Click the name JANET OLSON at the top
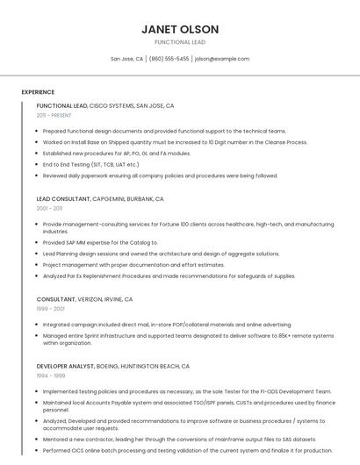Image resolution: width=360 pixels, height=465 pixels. pyautogui.click(x=180, y=29)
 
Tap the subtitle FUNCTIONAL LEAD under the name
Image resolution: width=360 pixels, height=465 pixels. pyautogui.click(x=180, y=42)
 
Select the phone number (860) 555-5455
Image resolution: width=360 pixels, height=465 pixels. pyautogui.click(x=169, y=59)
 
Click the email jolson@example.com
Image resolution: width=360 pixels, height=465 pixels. pyautogui.click(x=222, y=59)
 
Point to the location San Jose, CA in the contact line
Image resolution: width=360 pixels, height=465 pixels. pyautogui.click(x=126, y=59)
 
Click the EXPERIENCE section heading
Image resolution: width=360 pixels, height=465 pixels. pyautogui.click(x=38, y=92)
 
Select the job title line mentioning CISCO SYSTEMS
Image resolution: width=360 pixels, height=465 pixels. pyautogui.click(x=105, y=105)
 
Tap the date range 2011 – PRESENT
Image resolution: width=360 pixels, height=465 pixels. pyautogui.click(x=54, y=115)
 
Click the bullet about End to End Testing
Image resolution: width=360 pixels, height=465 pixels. pyautogui.click(x=91, y=164)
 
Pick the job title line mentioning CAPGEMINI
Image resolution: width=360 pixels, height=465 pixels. pyautogui.click(x=100, y=199)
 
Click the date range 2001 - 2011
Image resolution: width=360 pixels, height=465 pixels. pyautogui.click(x=49, y=209)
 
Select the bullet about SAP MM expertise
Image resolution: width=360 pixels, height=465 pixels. pyautogui.click(x=100, y=242)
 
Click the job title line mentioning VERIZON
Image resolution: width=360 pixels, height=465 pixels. pyautogui.click(x=84, y=299)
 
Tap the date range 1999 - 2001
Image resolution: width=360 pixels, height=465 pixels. pyautogui.click(x=51, y=309)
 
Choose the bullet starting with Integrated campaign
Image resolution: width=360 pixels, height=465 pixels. pyautogui.click(x=167, y=324)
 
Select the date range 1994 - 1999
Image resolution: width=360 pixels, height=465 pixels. pyautogui.click(x=51, y=376)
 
